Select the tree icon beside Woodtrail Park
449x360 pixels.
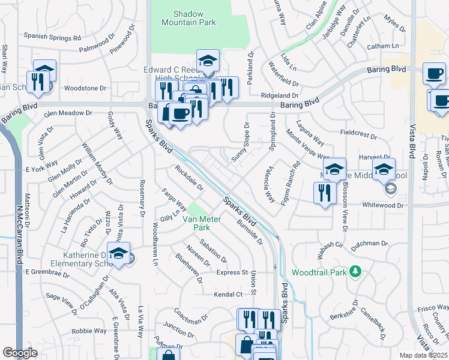(x=356, y=272)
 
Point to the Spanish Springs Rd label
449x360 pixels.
(x=52, y=37)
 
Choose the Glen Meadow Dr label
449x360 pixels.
(x=67, y=112)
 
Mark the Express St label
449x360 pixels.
(x=232, y=272)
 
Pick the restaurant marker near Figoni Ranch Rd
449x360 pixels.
(x=323, y=193)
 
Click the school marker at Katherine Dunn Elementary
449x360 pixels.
(x=119, y=254)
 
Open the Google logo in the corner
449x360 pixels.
(x=19, y=353)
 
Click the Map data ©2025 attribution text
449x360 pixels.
(x=423, y=355)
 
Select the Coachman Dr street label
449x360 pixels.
(x=190, y=315)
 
